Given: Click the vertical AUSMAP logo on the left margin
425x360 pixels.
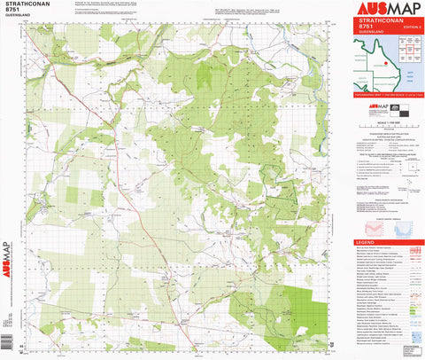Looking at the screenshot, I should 8,257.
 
